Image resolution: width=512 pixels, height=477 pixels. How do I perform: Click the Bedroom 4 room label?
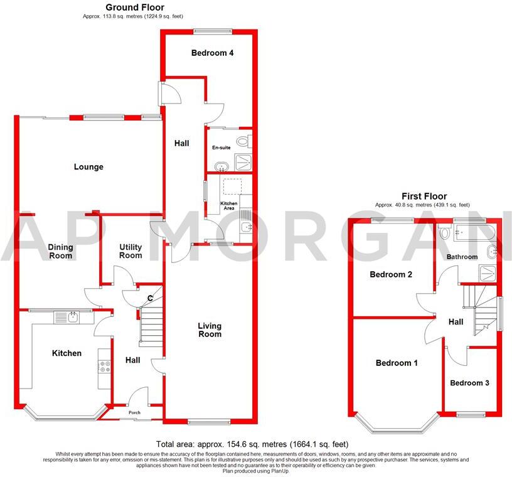pyautogui.click(x=212, y=53)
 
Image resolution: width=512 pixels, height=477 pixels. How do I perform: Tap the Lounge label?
pyautogui.click(x=88, y=167)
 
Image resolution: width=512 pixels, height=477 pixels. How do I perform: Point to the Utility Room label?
pyautogui.click(x=131, y=251)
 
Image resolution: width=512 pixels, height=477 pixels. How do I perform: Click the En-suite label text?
pyautogui.click(x=221, y=147)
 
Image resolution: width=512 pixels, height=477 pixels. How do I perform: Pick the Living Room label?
pyautogui.click(x=210, y=330)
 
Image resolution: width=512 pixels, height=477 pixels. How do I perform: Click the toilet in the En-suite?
pyautogui.click(x=243, y=140)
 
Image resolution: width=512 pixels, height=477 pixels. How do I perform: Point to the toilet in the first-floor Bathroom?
pyautogui.click(x=445, y=233)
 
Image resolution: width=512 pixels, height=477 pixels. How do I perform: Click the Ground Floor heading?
pyautogui.click(x=132, y=8)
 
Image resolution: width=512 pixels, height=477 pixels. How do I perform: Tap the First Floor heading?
pyautogui.click(x=424, y=196)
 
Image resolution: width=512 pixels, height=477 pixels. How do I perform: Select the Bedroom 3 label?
pyautogui.click(x=469, y=383)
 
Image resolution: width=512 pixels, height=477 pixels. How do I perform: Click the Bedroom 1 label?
pyautogui.click(x=397, y=363)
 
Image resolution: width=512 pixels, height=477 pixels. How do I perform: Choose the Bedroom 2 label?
pyautogui.click(x=391, y=274)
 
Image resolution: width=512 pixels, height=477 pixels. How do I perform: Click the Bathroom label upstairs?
pyautogui.click(x=462, y=257)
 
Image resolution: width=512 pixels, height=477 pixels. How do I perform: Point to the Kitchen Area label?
pyautogui.click(x=228, y=206)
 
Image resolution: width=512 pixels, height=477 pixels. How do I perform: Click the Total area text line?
pyautogui.click(x=255, y=443)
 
